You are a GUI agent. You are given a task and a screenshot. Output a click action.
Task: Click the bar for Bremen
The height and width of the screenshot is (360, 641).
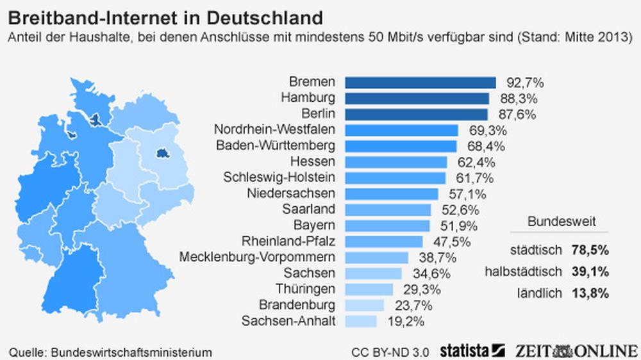point(420,83)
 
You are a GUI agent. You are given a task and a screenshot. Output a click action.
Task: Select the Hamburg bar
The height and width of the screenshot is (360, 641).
point(417,99)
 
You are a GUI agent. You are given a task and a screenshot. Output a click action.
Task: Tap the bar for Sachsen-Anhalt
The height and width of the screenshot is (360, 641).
point(361,321)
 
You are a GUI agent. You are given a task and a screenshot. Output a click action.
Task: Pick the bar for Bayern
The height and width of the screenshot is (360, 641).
point(388,225)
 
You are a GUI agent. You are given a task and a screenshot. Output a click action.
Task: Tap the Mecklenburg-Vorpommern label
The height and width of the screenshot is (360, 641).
point(257,257)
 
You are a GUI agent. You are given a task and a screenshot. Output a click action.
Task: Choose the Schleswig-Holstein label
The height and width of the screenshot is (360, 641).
point(279,177)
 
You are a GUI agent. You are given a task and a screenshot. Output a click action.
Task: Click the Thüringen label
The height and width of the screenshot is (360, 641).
point(305,289)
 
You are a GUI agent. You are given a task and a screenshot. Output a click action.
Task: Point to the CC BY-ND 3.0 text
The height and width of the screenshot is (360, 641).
point(390,352)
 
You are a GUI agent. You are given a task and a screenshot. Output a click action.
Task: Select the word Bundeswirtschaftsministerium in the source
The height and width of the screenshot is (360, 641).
point(131,352)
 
